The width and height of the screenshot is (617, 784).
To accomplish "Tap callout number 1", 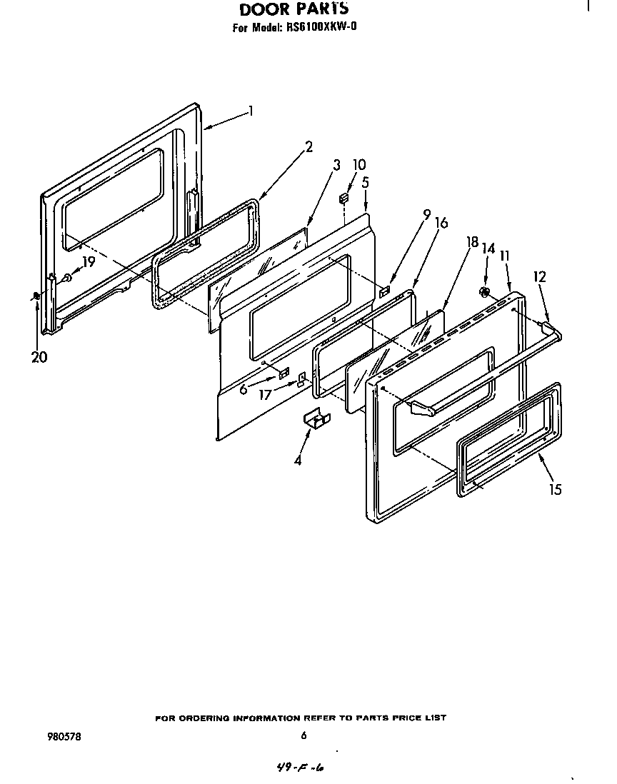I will [x=251, y=111].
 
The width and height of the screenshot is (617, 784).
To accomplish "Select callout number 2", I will [x=308, y=148].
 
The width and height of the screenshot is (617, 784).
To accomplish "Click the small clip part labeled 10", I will [x=345, y=196].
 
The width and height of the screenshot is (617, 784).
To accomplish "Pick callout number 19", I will [x=88, y=262].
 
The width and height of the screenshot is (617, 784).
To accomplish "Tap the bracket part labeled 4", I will [x=314, y=421].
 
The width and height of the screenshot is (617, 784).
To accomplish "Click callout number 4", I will [x=299, y=461].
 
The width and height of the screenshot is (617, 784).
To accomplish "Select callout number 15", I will [x=555, y=489].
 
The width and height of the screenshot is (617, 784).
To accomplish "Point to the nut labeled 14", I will [x=483, y=291].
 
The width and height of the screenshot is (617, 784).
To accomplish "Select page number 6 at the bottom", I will [x=304, y=735].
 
